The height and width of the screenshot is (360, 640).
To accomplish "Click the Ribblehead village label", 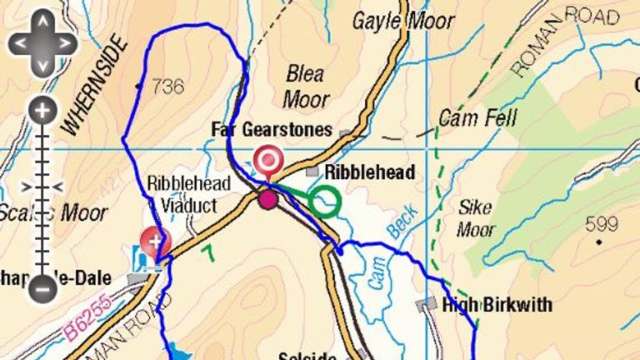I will pyautogui.click(x=369, y=172).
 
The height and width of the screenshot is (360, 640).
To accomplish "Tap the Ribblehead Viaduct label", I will pyautogui.click(x=182, y=193).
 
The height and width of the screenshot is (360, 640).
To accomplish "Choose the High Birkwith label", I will pyautogui.click(x=497, y=305).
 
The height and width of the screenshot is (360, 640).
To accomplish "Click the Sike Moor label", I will pyautogui.click(x=476, y=217).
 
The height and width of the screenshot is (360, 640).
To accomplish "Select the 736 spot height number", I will pyautogui.click(x=168, y=86).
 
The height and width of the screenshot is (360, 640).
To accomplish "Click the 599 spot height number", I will pyautogui.click(x=602, y=224).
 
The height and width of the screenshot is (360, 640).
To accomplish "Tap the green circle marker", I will pyautogui.click(x=325, y=201).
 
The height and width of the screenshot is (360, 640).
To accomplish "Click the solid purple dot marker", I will pyautogui.click(x=267, y=199).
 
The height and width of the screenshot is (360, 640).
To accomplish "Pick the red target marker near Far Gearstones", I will pyautogui.click(x=267, y=158).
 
